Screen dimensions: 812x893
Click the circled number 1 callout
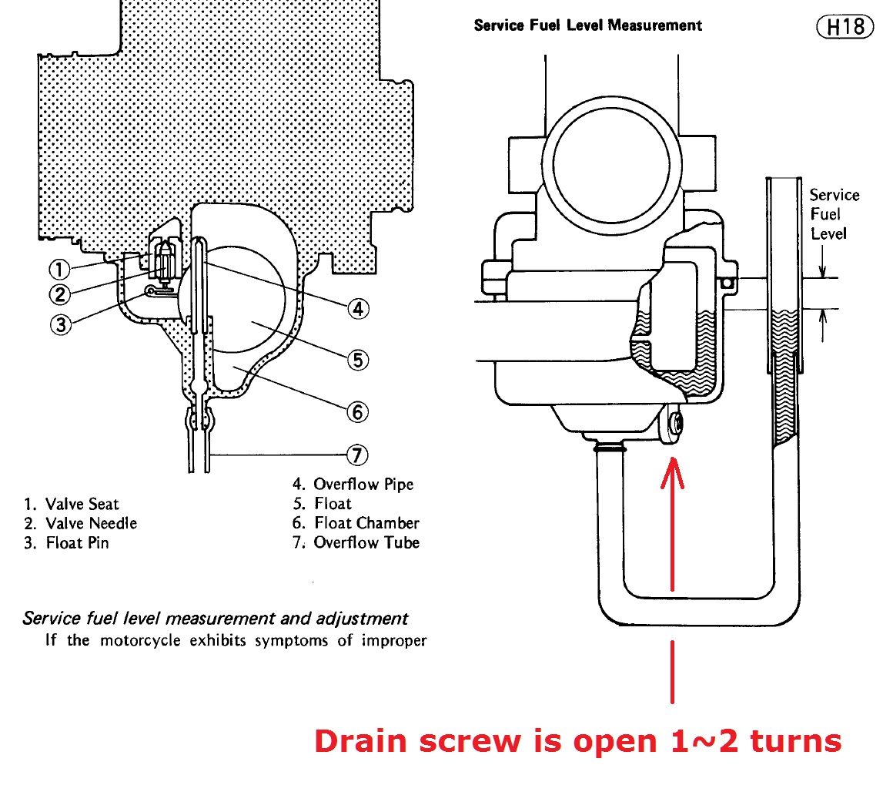point(59,270)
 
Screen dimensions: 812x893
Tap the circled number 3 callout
point(61,324)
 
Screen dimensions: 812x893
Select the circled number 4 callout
point(358,309)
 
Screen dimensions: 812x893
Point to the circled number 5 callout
point(358,360)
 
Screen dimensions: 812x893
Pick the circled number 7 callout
point(358,455)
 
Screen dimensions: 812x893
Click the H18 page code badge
point(845,27)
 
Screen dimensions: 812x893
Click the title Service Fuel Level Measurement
point(588,25)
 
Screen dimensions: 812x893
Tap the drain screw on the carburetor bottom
point(675,423)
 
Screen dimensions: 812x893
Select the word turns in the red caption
point(796,741)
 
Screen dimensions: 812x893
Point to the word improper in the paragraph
point(393,640)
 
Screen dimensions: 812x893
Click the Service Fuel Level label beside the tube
point(833,214)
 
